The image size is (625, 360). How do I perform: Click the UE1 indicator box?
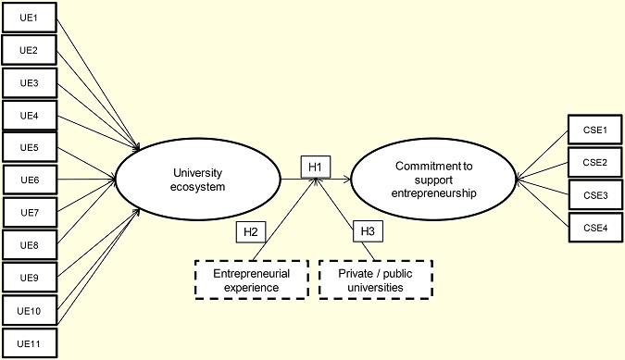click(x=30, y=18)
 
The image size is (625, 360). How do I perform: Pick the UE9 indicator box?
click(x=30, y=277)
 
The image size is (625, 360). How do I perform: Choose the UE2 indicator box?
click(x=30, y=50)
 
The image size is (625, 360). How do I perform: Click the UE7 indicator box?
click(x=30, y=213)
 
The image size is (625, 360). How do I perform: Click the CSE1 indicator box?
click(x=594, y=130)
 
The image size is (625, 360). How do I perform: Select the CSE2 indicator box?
click(x=594, y=162)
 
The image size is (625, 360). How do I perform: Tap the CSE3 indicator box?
click(x=594, y=195)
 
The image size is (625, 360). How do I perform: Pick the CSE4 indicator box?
click(x=594, y=228)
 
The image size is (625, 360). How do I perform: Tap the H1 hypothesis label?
click(x=315, y=167)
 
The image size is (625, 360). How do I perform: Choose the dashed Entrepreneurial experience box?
click(x=252, y=280)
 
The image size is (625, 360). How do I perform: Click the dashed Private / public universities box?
click(x=376, y=280)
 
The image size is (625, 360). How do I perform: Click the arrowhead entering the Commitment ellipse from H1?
click(x=347, y=180)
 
